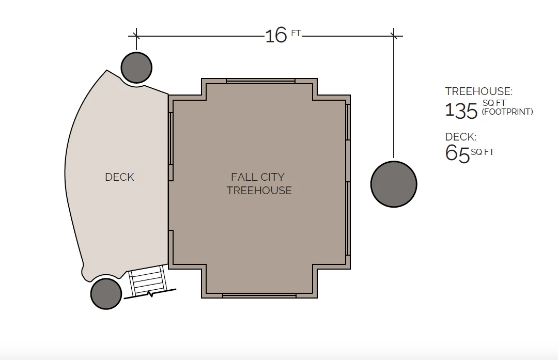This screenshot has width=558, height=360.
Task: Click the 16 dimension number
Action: point(275,36)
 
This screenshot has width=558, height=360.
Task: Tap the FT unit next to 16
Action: point(296,33)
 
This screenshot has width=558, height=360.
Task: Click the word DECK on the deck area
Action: point(119,177)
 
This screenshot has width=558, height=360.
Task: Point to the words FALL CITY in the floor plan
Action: point(258,177)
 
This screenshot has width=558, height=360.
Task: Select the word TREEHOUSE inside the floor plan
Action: point(259,191)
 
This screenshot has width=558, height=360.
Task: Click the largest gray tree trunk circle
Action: point(394,184)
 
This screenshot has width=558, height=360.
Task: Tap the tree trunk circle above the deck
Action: point(136,67)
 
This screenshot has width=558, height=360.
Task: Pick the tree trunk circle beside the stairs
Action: point(106,293)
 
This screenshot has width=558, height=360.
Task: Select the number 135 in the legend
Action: point(461,111)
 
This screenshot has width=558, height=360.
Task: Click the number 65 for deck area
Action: point(457,153)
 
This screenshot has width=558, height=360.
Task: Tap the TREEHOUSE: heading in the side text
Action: point(478,92)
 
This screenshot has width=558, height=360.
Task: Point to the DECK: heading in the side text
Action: point(461,137)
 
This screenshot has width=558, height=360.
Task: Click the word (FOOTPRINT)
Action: point(507,112)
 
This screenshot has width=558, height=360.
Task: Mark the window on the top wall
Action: point(260,81)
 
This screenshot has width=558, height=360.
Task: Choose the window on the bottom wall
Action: point(259,295)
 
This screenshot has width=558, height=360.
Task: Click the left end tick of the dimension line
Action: point(136,36)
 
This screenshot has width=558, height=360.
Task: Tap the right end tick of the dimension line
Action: point(394,36)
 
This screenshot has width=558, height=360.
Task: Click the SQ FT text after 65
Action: point(483,152)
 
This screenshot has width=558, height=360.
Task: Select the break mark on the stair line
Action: point(150,294)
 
